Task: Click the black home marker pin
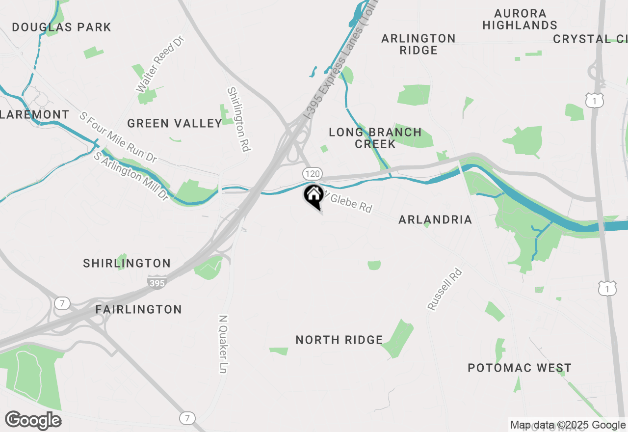pyautogui.click(x=313, y=196)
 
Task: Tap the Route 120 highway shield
pyautogui.click(x=313, y=173)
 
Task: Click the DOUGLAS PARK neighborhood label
pyautogui.click(x=62, y=27)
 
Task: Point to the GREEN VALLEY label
pyautogui.click(x=175, y=123)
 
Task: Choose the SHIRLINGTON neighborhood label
pyautogui.click(x=127, y=264)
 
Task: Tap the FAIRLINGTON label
pyautogui.click(x=139, y=310)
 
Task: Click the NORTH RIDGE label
pyautogui.click(x=339, y=340)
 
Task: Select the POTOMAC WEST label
pyautogui.click(x=520, y=368)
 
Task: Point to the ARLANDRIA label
pyautogui.click(x=435, y=219)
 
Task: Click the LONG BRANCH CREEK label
pyautogui.click(x=375, y=138)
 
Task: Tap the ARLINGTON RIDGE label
pyautogui.click(x=419, y=44)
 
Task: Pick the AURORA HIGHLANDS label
pyautogui.click(x=520, y=19)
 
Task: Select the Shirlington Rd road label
pyautogui.click(x=239, y=119)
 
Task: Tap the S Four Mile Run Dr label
pyautogui.click(x=118, y=137)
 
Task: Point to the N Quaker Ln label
pyautogui.click(x=223, y=344)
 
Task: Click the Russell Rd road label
pyautogui.click(x=445, y=289)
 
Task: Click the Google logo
pyautogui.click(x=33, y=421)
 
